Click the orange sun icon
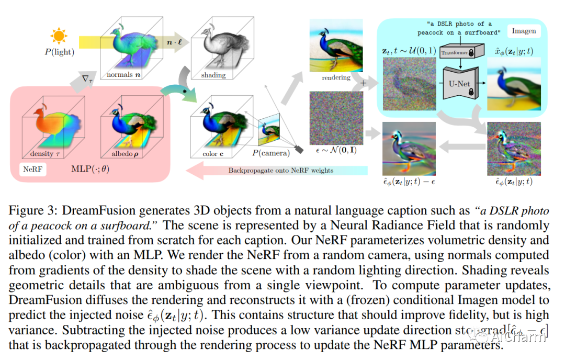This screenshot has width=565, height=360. point(60,36)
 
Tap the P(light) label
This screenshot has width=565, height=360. point(59,52)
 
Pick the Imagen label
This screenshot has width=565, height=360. point(524,31)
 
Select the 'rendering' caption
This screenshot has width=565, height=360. point(336,77)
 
